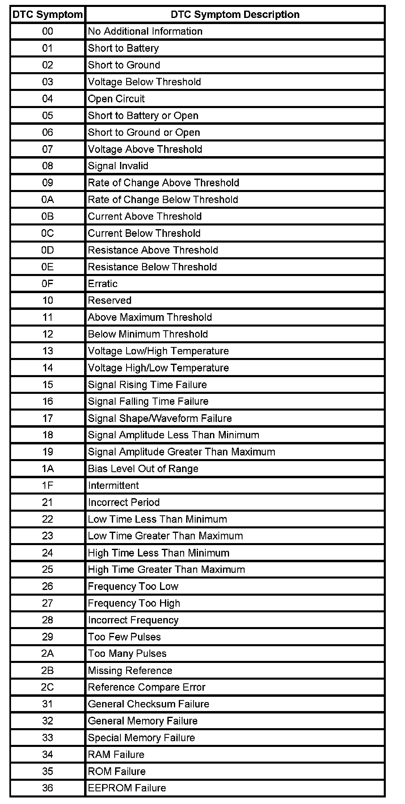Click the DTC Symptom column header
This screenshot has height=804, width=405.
point(47,15)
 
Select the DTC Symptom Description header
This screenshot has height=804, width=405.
point(235,15)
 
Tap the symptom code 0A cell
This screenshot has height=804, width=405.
point(47,200)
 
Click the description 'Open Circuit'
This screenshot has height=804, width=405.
point(116,99)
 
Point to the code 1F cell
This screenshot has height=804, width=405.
point(47,486)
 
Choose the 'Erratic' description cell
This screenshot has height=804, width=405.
point(103,284)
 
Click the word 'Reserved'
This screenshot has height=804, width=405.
point(110,300)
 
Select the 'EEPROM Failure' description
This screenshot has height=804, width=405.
point(127,788)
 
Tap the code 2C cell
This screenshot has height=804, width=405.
point(47,687)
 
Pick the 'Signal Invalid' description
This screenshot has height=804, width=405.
point(118,166)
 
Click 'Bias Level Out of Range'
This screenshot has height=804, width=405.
point(143,469)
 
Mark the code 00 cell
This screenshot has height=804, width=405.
point(47,31)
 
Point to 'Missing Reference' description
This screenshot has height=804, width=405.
point(130,671)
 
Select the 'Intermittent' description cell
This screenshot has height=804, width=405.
point(113,486)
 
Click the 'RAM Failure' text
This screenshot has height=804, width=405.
point(116,755)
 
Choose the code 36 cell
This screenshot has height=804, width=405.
point(47,788)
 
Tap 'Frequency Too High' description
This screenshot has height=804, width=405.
point(134,603)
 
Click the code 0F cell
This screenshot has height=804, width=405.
point(47,284)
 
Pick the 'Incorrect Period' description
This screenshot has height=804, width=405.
point(124,502)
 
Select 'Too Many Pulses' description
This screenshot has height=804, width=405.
point(127,654)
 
